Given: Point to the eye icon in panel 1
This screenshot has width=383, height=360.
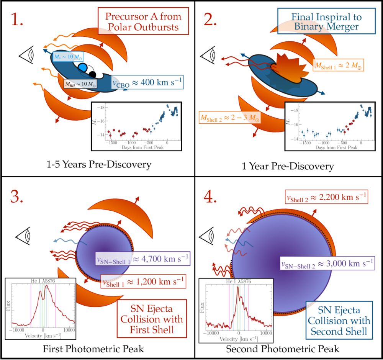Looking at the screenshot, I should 29,57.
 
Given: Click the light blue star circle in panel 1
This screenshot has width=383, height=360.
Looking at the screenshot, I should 83,67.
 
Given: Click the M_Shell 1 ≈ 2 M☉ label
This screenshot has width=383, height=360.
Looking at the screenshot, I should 336,65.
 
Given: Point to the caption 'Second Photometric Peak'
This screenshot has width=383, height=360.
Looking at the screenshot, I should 283,349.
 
